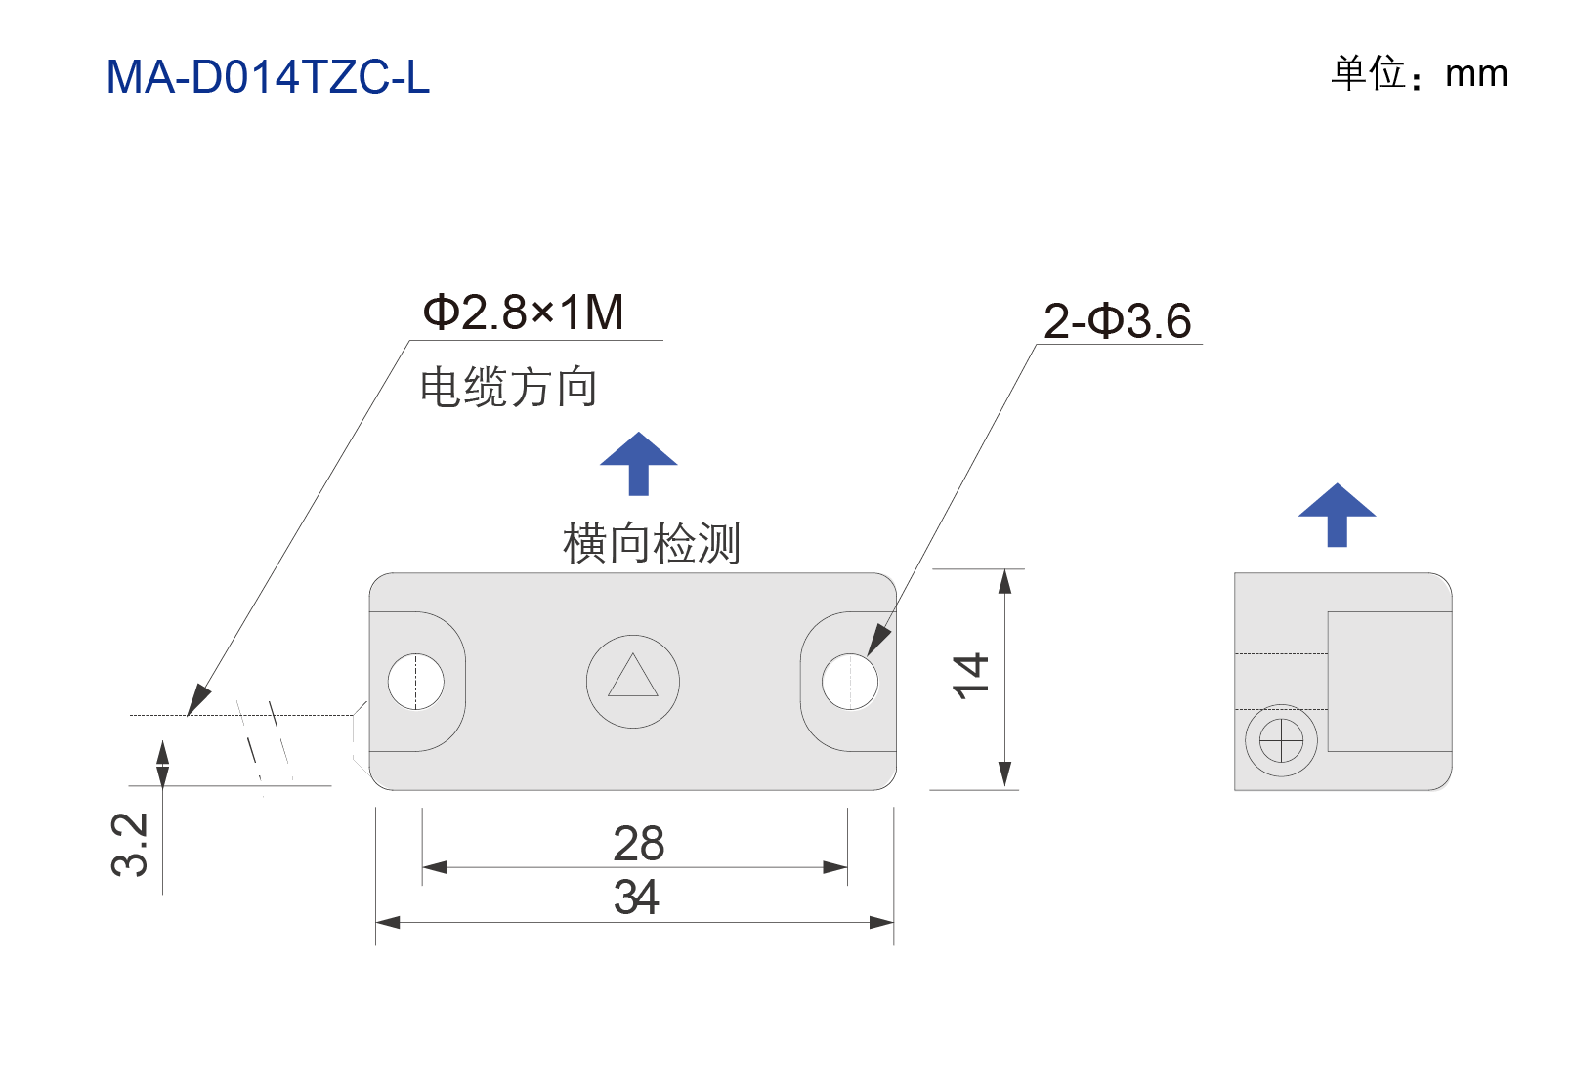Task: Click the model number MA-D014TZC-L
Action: click(x=268, y=76)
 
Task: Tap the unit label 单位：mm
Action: click(x=1419, y=73)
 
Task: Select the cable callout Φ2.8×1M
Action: click(x=523, y=313)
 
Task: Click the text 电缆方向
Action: click(x=508, y=387)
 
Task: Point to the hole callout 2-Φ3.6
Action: click(x=1118, y=320)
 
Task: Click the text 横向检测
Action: click(x=651, y=543)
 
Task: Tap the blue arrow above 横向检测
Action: click(x=638, y=463)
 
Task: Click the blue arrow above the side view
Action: click(x=1337, y=515)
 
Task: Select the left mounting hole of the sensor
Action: click(x=415, y=682)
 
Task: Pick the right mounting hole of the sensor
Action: click(x=850, y=682)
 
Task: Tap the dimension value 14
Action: click(x=970, y=676)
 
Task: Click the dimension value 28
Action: click(x=638, y=843)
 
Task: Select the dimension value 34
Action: click(x=636, y=897)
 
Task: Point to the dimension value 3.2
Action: click(x=129, y=844)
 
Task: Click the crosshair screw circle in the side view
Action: click(x=1281, y=740)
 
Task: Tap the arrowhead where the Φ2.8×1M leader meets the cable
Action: click(x=197, y=700)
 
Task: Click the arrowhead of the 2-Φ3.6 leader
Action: click(x=879, y=641)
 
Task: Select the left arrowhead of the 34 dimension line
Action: click(x=388, y=922)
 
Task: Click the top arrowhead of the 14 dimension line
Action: click(x=1004, y=582)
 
